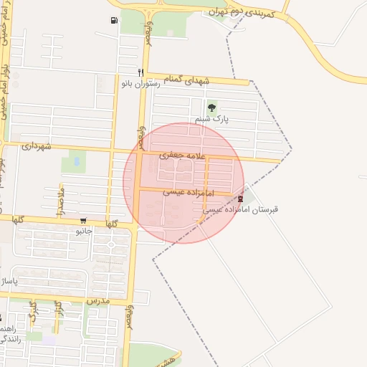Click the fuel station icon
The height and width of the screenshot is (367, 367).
[x=115, y=20]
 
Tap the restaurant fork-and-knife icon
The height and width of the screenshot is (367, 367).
[x=140, y=72]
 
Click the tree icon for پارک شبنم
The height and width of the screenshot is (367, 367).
[x=211, y=108]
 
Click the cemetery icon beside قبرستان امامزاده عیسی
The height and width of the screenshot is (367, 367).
[x=240, y=199]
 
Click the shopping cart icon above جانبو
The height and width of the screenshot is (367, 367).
[x=84, y=221]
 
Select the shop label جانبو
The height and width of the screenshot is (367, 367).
[x=84, y=232]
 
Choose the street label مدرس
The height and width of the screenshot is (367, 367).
[x=96, y=301]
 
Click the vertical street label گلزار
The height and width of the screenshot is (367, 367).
[x=59, y=310]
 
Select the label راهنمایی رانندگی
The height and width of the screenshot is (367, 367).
[x=13, y=333]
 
